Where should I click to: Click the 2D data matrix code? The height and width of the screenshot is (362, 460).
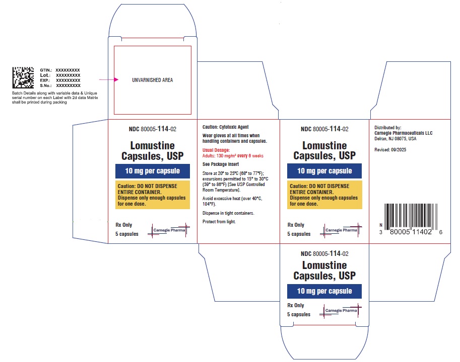(x=23, y=77)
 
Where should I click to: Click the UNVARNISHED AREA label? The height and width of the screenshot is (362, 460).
(x=153, y=80)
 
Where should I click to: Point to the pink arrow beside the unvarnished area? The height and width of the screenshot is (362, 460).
(x=109, y=79)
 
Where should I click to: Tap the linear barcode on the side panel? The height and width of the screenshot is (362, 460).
(x=411, y=217)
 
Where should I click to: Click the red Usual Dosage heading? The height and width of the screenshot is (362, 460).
(x=216, y=150)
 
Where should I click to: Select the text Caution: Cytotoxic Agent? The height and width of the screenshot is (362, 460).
(x=225, y=127)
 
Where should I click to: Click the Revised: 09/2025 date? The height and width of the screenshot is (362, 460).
(x=390, y=150)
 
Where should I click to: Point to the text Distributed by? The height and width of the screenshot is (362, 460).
(x=388, y=128)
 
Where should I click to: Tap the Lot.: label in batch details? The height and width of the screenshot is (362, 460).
(x=45, y=75)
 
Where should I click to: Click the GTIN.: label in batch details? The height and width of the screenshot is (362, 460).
(x=46, y=70)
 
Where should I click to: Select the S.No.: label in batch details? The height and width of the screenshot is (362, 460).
(x=46, y=86)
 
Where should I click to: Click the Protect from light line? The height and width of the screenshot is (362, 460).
(x=219, y=222)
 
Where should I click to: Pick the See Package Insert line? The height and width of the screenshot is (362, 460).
(x=221, y=164)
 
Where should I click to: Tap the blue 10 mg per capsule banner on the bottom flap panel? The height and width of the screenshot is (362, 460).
(x=324, y=291)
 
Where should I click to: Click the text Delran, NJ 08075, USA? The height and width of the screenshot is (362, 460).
(x=395, y=139)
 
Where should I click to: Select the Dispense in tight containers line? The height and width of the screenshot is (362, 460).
(x=228, y=213)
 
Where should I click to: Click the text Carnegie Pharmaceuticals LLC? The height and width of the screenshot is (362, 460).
(x=404, y=133)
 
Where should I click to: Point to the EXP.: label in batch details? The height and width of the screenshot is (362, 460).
(x=45, y=80)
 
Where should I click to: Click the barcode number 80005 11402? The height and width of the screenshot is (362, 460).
(x=411, y=232)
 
